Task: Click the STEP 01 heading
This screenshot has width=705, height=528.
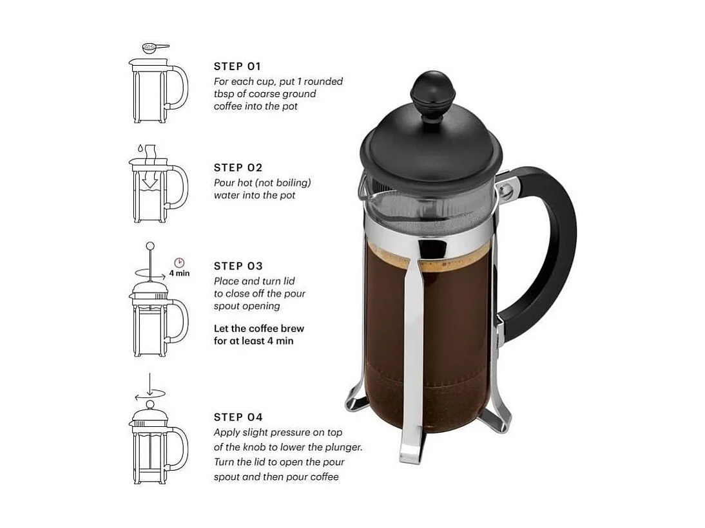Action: [237, 66]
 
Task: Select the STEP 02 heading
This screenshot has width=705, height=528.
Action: [238, 168]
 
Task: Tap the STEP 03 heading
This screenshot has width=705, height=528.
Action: [238, 266]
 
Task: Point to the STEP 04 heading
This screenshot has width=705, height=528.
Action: [238, 417]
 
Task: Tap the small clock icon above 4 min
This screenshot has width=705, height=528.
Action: [179, 263]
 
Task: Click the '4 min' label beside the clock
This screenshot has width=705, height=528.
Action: [179, 273]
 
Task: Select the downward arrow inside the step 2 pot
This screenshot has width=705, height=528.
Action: [150, 183]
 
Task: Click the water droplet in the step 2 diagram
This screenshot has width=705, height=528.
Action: [139, 147]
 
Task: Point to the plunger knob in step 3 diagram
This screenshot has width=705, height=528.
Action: [150, 246]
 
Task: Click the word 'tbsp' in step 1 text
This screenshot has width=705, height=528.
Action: [224, 94]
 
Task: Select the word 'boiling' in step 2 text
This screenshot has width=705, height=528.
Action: [289, 183]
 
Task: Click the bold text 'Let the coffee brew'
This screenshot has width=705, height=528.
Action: [258, 328]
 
